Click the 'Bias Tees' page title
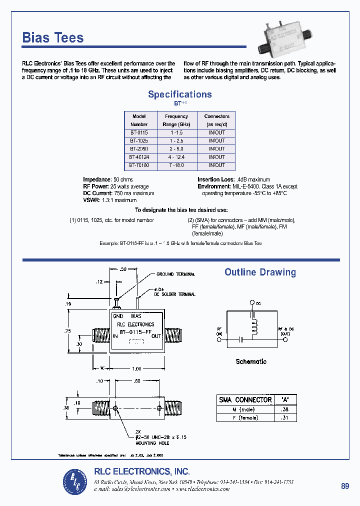(x=53, y=38)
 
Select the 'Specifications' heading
(x=180, y=94)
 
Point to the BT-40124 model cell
(x=139, y=157)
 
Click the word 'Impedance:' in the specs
(x=96, y=179)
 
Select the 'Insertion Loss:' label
(x=215, y=179)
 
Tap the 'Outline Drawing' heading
(x=260, y=272)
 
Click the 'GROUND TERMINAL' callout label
(x=175, y=274)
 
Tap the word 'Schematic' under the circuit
(x=251, y=361)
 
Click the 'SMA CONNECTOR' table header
(x=245, y=399)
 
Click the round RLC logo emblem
(x=75, y=481)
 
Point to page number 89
(x=345, y=486)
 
